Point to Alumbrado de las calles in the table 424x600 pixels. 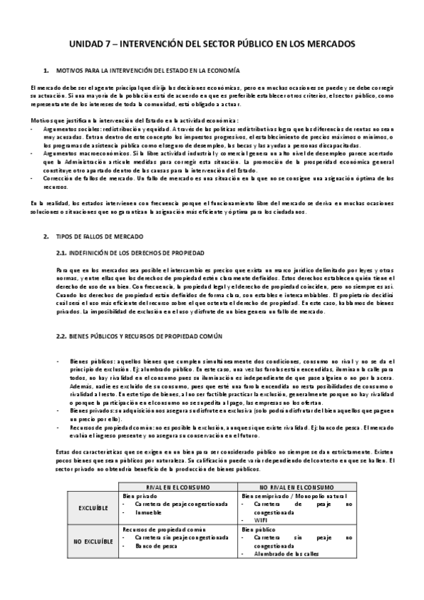(283, 573)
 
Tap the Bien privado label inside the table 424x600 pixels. (139, 515)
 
